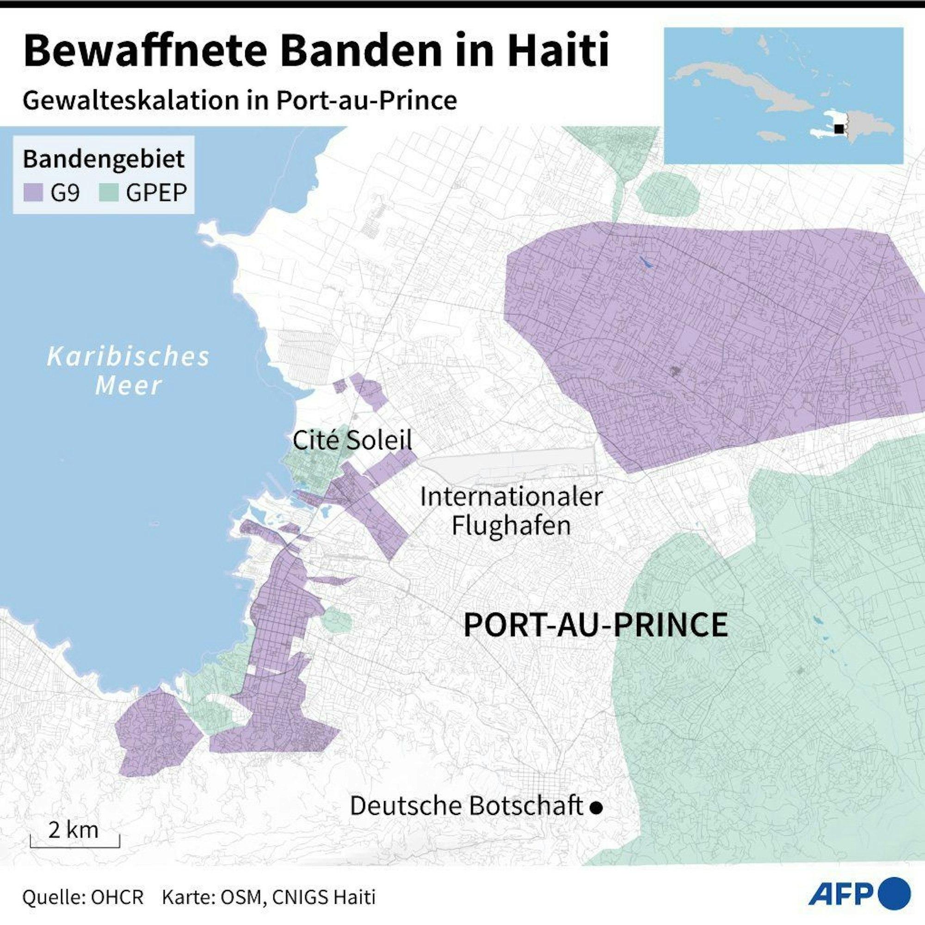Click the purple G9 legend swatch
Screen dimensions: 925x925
(x=33, y=193)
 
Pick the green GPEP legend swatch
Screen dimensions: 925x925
(x=108, y=193)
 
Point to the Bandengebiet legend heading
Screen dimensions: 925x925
(x=104, y=159)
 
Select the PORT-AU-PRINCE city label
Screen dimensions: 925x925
(x=596, y=625)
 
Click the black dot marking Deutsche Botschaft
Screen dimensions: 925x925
(x=596, y=808)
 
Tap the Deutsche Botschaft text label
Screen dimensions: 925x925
(x=466, y=806)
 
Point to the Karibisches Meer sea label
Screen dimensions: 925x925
(x=128, y=371)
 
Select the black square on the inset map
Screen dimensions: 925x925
(x=839, y=128)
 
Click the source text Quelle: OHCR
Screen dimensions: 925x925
(x=83, y=897)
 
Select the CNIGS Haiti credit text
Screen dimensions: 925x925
(x=324, y=897)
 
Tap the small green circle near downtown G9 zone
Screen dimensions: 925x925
(x=336, y=622)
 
